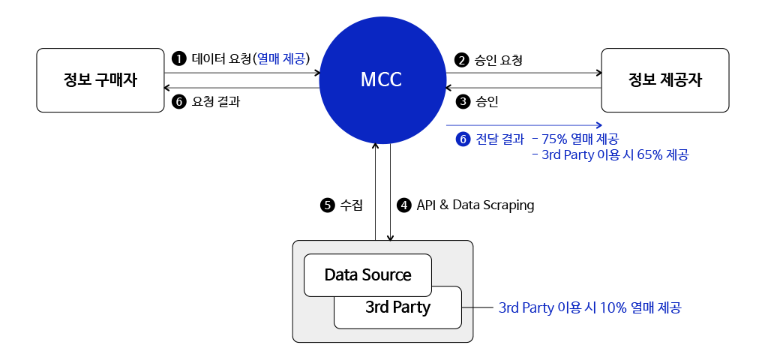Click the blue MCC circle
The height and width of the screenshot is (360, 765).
(x=382, y=80)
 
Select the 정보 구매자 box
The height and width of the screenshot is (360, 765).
(x=100, y=80)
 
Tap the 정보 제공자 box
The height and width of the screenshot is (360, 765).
(x=665, y=80)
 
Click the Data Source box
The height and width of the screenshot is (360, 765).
(x=367, y=275)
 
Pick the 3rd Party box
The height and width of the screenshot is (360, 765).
(x=398, y=307)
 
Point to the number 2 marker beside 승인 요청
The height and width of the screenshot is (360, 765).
(x=462, y=60)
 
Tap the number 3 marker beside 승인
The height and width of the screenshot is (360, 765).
(x=462, y=101)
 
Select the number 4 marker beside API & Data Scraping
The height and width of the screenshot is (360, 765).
(x=404, y=205)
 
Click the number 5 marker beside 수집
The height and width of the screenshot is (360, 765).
(x=327, y=205)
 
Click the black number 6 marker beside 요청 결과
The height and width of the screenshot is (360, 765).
(x=178, y=101)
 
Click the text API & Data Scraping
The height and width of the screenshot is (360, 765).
(x=475, y=205)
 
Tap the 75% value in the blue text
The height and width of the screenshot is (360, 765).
(x=555, y=139)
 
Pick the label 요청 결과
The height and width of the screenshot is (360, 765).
(x=216, y=101)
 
